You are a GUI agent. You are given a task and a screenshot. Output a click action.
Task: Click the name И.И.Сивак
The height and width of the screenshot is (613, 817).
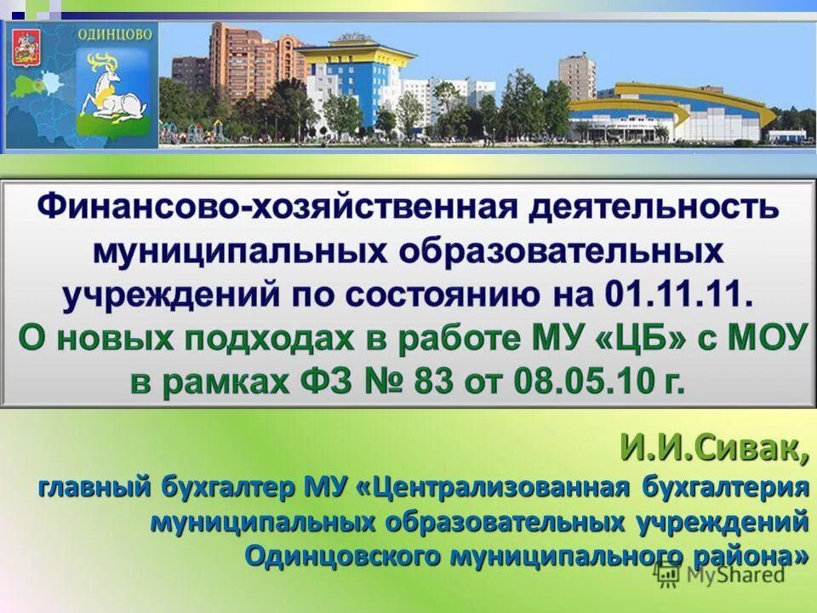point(712,448)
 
